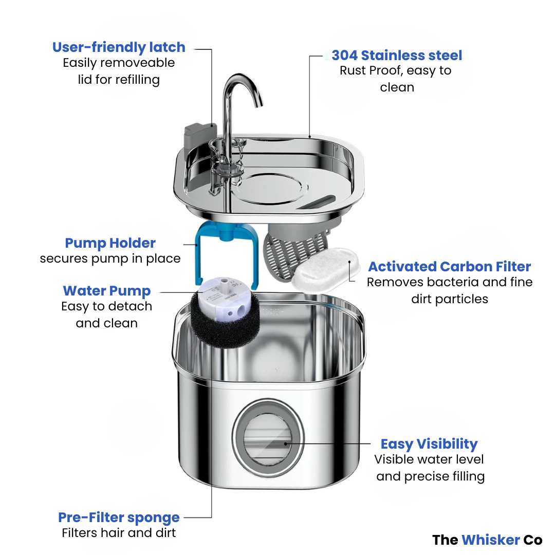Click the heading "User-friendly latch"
tap(119, 47)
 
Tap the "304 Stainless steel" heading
tap(397, 55)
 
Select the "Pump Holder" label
tap(110, 243)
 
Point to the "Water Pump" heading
tap(107, 291)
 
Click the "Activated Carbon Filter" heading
tap(449, 267)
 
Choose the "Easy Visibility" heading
tap(429, 444)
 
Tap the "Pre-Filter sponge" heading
tap(119, 517)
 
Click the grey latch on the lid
tap(197, 135)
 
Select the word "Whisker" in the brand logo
tap(490, 540)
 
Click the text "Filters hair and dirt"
tap(119, 533)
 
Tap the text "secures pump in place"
tap(110, 258)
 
